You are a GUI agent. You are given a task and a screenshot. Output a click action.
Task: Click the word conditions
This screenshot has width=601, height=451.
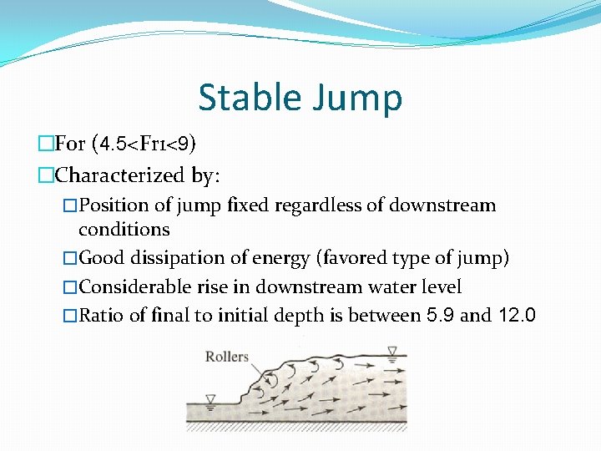[124, 229]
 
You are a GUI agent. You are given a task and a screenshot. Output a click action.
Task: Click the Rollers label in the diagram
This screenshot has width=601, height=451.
[227, 357]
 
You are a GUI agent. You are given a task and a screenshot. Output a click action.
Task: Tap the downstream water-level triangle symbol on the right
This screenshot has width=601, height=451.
[392, 351]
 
